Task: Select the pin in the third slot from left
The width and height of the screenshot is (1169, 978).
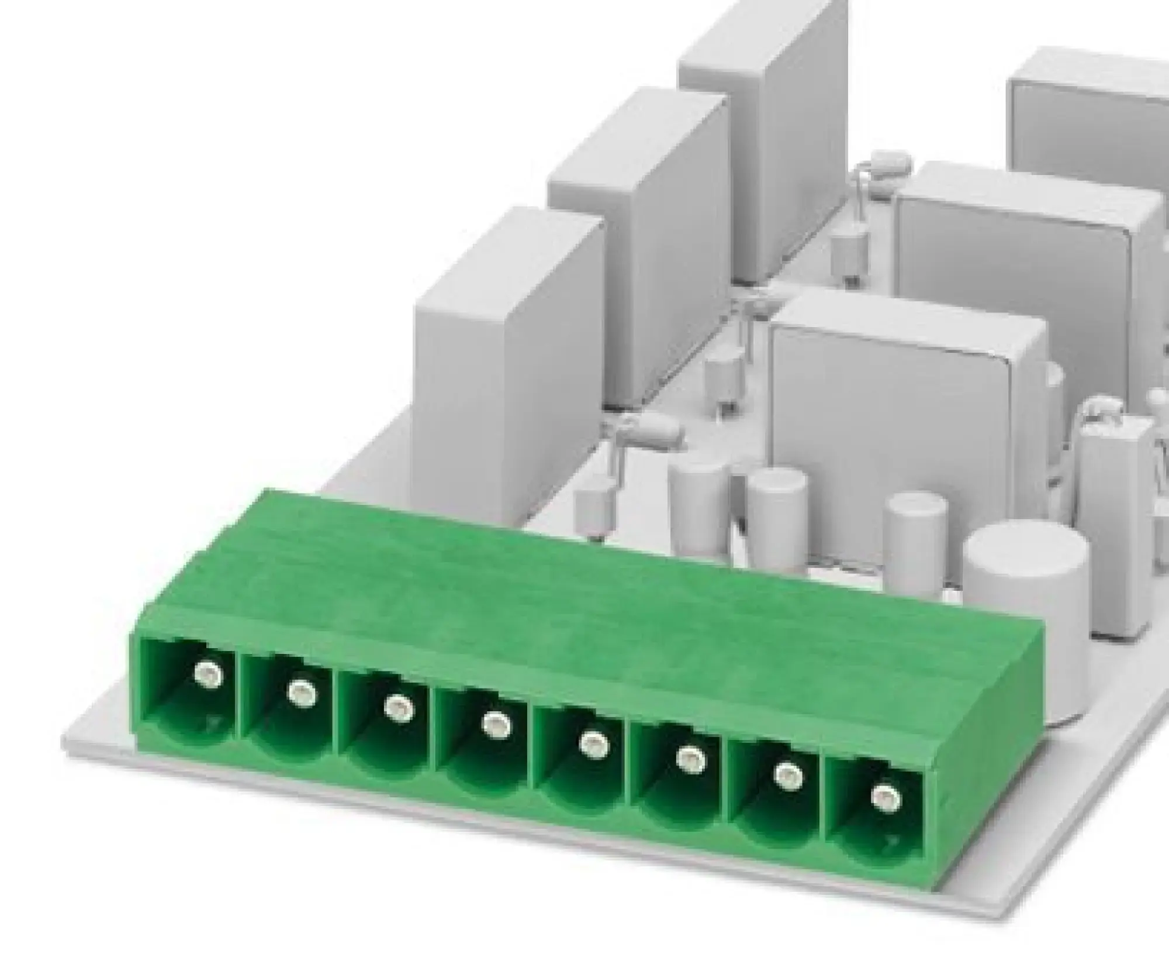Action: (x=398, y=708)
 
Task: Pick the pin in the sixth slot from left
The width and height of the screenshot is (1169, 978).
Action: (x=690, y=760)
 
